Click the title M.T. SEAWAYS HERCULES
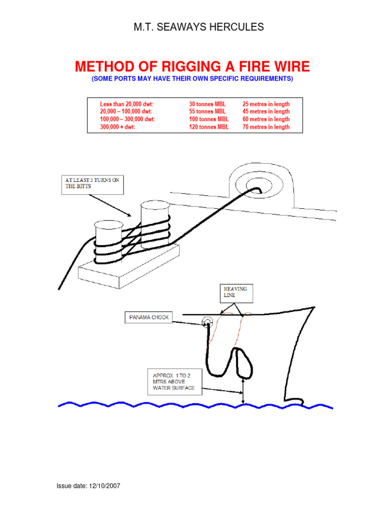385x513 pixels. tap(198, 27)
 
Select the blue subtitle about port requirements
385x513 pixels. tap(192, 79)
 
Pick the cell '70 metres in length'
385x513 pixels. tap(266, 127)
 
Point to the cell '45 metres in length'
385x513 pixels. tap(266, 111)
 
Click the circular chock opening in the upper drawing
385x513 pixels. tap(257, 189)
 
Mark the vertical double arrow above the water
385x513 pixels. tap(243, 391)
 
